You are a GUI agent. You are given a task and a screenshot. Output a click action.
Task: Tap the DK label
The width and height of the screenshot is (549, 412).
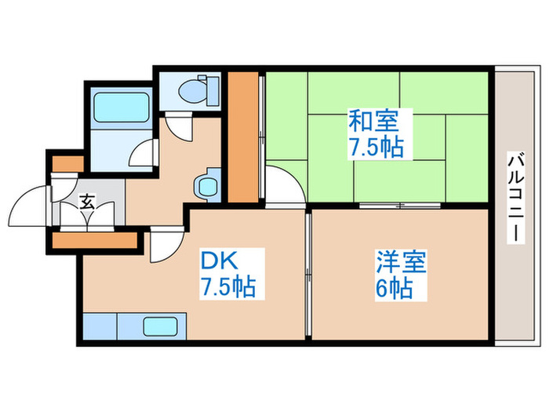(223, 260)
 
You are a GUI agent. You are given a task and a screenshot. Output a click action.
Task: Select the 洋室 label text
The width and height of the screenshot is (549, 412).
(400, 261)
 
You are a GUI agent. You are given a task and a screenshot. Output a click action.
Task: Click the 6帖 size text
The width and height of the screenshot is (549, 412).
(394, 288)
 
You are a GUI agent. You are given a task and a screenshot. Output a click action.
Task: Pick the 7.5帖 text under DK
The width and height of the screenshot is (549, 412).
(227, 287)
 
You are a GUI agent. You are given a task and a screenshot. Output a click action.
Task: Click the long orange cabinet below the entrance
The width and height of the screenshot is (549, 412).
(94, 239)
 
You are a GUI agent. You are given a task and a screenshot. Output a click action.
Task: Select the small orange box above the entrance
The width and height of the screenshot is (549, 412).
(67, 163)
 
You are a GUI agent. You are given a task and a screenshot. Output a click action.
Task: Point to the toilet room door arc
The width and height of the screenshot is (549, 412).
(178, 126)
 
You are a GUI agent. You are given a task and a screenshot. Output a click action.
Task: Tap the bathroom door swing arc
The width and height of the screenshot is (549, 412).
(143, 151)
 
